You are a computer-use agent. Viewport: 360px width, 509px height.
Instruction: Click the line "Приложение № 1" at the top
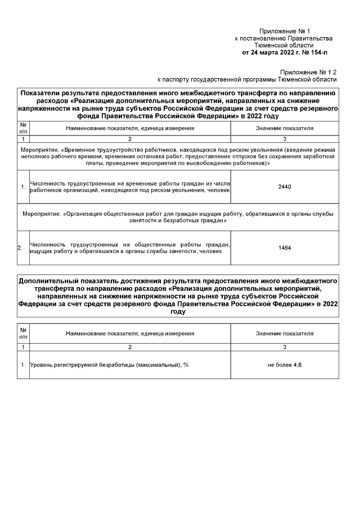point(284,31)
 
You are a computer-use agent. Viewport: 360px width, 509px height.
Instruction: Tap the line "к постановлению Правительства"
point(283,38)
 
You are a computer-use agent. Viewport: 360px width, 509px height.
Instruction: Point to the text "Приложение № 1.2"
point(308,73)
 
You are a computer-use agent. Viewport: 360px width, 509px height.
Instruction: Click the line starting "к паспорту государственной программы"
point(247,80)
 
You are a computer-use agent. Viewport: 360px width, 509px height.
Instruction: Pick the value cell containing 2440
point(285,187)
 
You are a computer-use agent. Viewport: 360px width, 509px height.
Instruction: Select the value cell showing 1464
point(285,247)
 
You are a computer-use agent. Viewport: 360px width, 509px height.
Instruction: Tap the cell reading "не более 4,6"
point(285,365)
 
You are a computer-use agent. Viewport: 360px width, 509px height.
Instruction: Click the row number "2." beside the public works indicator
point(21,247)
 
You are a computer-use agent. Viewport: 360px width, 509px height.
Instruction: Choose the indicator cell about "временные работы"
point(130,187)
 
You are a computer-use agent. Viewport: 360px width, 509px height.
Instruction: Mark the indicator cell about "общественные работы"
point(130,247)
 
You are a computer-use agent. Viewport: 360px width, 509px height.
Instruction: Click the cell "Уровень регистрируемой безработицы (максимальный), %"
point(109,365)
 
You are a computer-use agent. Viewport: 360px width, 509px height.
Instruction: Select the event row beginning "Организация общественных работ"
point(178,217)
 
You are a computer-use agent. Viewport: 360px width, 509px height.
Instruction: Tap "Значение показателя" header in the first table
point(285,128)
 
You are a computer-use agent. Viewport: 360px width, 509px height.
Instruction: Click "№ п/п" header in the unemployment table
point(23,334)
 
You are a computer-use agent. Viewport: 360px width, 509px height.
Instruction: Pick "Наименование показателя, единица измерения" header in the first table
point(130,128)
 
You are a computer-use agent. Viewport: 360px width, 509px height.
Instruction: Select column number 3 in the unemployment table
point(285,348)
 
